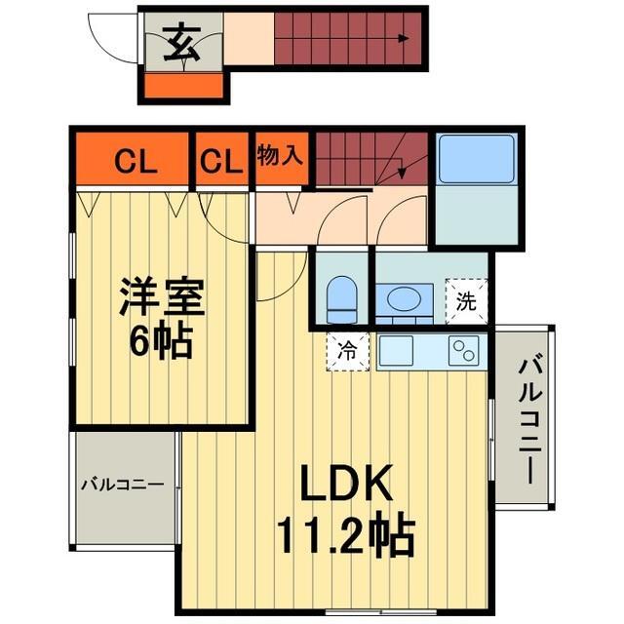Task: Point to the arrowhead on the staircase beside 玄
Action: [402, 40]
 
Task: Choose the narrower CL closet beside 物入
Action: [222, 161]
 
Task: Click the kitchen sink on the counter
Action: [402, 350]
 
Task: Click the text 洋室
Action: [162, 297]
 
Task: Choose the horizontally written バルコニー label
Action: [122, 483]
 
